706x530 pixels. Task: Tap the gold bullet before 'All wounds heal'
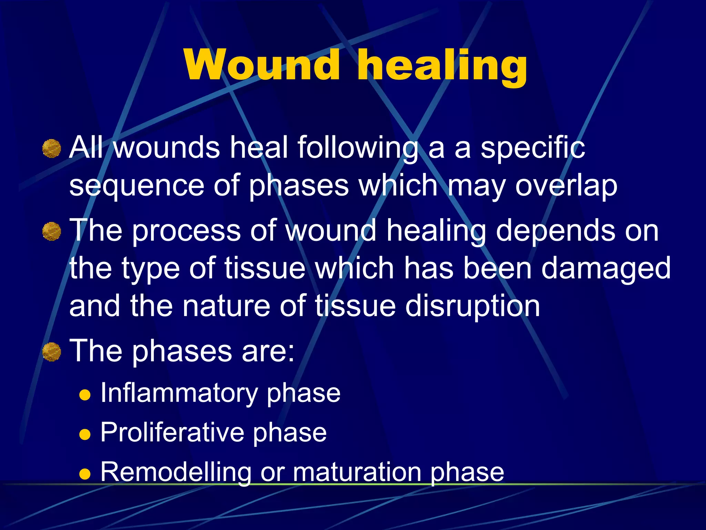point(52,148)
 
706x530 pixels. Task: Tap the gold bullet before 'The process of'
point(52,231)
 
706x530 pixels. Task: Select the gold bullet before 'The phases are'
point(52,352)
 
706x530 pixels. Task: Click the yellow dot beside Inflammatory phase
point(84,394)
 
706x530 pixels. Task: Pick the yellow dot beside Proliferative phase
point(84,434)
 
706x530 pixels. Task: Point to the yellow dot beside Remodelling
point(84,473)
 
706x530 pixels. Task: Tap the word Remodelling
point(176,472)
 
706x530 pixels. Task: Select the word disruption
point(472,306)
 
